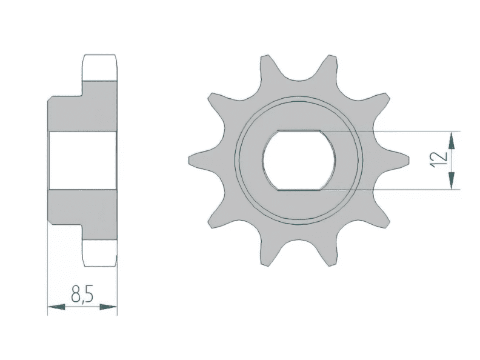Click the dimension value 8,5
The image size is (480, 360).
(82, 295)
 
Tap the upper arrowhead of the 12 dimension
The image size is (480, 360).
(452, 141)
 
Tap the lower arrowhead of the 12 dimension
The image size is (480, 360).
(452, 180)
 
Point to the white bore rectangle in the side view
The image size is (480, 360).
(82, 160)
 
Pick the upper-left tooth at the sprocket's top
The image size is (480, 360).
(265, 65)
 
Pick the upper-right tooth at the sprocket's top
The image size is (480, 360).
(332, 65)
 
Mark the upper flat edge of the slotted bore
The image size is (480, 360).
(300, 132)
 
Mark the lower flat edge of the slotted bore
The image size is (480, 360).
(300, 189)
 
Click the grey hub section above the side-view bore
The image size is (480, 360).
(82, 112)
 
